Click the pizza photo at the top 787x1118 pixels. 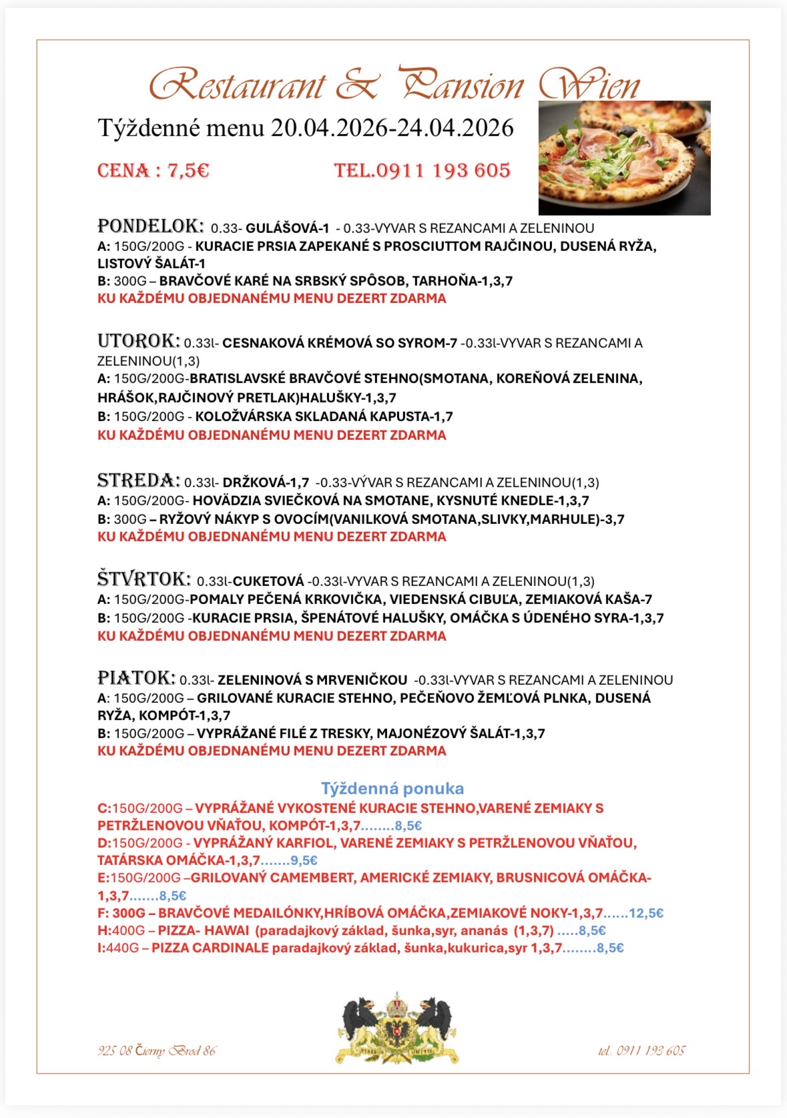click(624, 158)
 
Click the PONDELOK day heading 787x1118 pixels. click(150, 226)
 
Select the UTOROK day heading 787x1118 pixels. click(138, 341)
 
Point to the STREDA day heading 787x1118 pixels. click(138, 481)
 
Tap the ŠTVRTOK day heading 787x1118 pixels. click(144, 579)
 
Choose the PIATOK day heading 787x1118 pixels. click(136, 678)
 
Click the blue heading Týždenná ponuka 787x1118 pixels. click(392, 788)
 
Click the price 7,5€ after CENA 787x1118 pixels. click(188, 171)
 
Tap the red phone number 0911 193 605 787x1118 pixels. click(443, 171)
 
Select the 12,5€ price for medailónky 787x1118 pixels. click(646, 913)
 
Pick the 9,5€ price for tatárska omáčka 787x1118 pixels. click(304, 860)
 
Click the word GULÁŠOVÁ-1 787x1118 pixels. click(288, 228)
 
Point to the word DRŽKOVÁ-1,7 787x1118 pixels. click(266, 482)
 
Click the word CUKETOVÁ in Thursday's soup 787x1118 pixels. click(268, 581)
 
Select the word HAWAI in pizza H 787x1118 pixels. click(227, 930)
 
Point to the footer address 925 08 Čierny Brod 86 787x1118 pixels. click(157, 1051)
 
